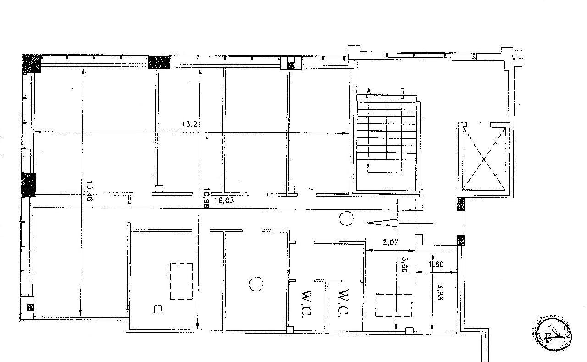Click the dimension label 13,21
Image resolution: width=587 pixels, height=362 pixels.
tap(192, 124)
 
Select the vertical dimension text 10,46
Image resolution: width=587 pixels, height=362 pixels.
tap(89, 192)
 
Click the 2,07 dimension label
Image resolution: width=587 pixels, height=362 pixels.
tap(390, 242)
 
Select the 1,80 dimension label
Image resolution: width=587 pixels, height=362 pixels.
tap(436, 264)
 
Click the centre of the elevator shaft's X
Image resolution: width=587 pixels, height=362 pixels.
tap(484, 159)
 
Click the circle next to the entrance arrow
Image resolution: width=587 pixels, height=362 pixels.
tap(346, 219)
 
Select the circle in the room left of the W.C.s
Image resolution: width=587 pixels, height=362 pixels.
tap(256, 284)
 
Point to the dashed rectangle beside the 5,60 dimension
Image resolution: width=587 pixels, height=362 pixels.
tap(393, 305)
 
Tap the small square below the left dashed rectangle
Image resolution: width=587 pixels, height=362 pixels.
tap(158, 309)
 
